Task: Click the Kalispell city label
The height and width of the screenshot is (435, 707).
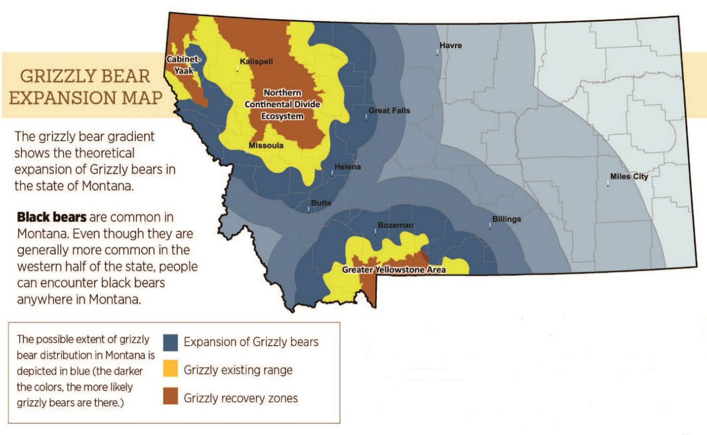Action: point(256,61)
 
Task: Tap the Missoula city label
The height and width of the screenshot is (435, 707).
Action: point(266,146)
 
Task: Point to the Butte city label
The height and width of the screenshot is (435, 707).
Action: point(321,203)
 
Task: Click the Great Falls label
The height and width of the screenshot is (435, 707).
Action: point(389,111)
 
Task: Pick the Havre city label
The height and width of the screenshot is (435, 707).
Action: point(451,46)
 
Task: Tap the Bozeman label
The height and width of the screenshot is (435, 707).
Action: point(395,225)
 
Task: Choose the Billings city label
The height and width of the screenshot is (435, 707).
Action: point(507,219)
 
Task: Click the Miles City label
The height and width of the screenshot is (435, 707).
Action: point(629,177)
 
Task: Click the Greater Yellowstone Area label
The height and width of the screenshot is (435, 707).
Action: point(394,270)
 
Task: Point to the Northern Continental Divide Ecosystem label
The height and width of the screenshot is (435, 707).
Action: point(283,104)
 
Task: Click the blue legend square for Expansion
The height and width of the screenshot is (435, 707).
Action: point(171,342)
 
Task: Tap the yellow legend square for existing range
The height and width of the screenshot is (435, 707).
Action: point(171,370)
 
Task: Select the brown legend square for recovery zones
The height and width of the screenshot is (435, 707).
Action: point(171,397)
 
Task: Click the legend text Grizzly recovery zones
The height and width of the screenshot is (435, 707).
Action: point(240,398)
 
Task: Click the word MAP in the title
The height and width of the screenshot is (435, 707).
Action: point(141,98)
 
